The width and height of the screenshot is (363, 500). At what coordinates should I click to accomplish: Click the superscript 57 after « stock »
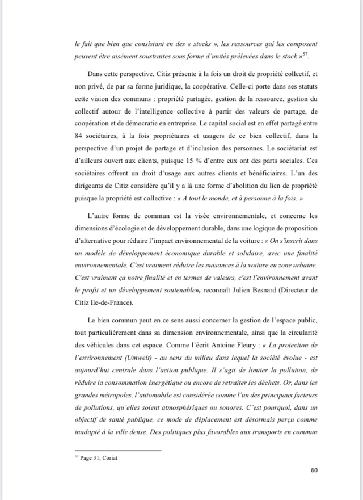point(306,54)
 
